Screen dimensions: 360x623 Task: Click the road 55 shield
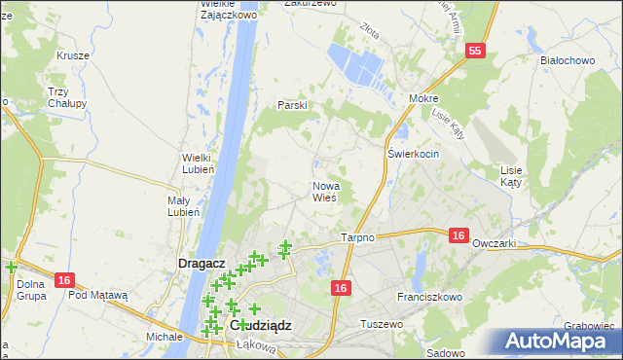(x=474, y=52)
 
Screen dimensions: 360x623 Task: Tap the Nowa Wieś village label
(x=324, y=191)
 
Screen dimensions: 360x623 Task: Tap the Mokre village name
(x=423, y=98)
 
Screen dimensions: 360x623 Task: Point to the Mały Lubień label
(x=184, y=205)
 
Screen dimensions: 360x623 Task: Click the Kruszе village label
(x=72, y=55)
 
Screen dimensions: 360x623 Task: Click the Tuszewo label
(x=381, y=323)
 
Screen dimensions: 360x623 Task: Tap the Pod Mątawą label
(x=98, y=295)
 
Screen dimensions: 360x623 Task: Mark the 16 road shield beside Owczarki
(x=459, y=234)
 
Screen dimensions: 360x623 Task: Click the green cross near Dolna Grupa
(x=11, y=268)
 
